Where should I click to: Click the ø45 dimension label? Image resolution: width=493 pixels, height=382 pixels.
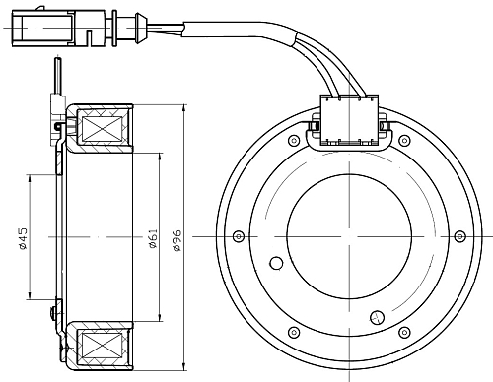point(23,238)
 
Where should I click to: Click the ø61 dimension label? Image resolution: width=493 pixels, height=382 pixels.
point(154,238)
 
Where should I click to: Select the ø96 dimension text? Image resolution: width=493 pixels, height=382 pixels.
point(177,240)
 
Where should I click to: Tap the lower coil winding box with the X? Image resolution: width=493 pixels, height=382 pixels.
point(102,347)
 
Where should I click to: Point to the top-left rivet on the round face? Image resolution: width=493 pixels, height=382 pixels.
point(294,141)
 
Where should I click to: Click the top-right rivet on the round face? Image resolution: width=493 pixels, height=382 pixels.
point(405,141)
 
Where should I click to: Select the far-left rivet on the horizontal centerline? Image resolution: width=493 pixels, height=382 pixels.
point(239,236)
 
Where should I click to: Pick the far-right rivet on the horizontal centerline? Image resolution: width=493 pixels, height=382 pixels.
point(460,236)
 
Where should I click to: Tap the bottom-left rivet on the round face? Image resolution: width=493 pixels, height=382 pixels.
point(294,332)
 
